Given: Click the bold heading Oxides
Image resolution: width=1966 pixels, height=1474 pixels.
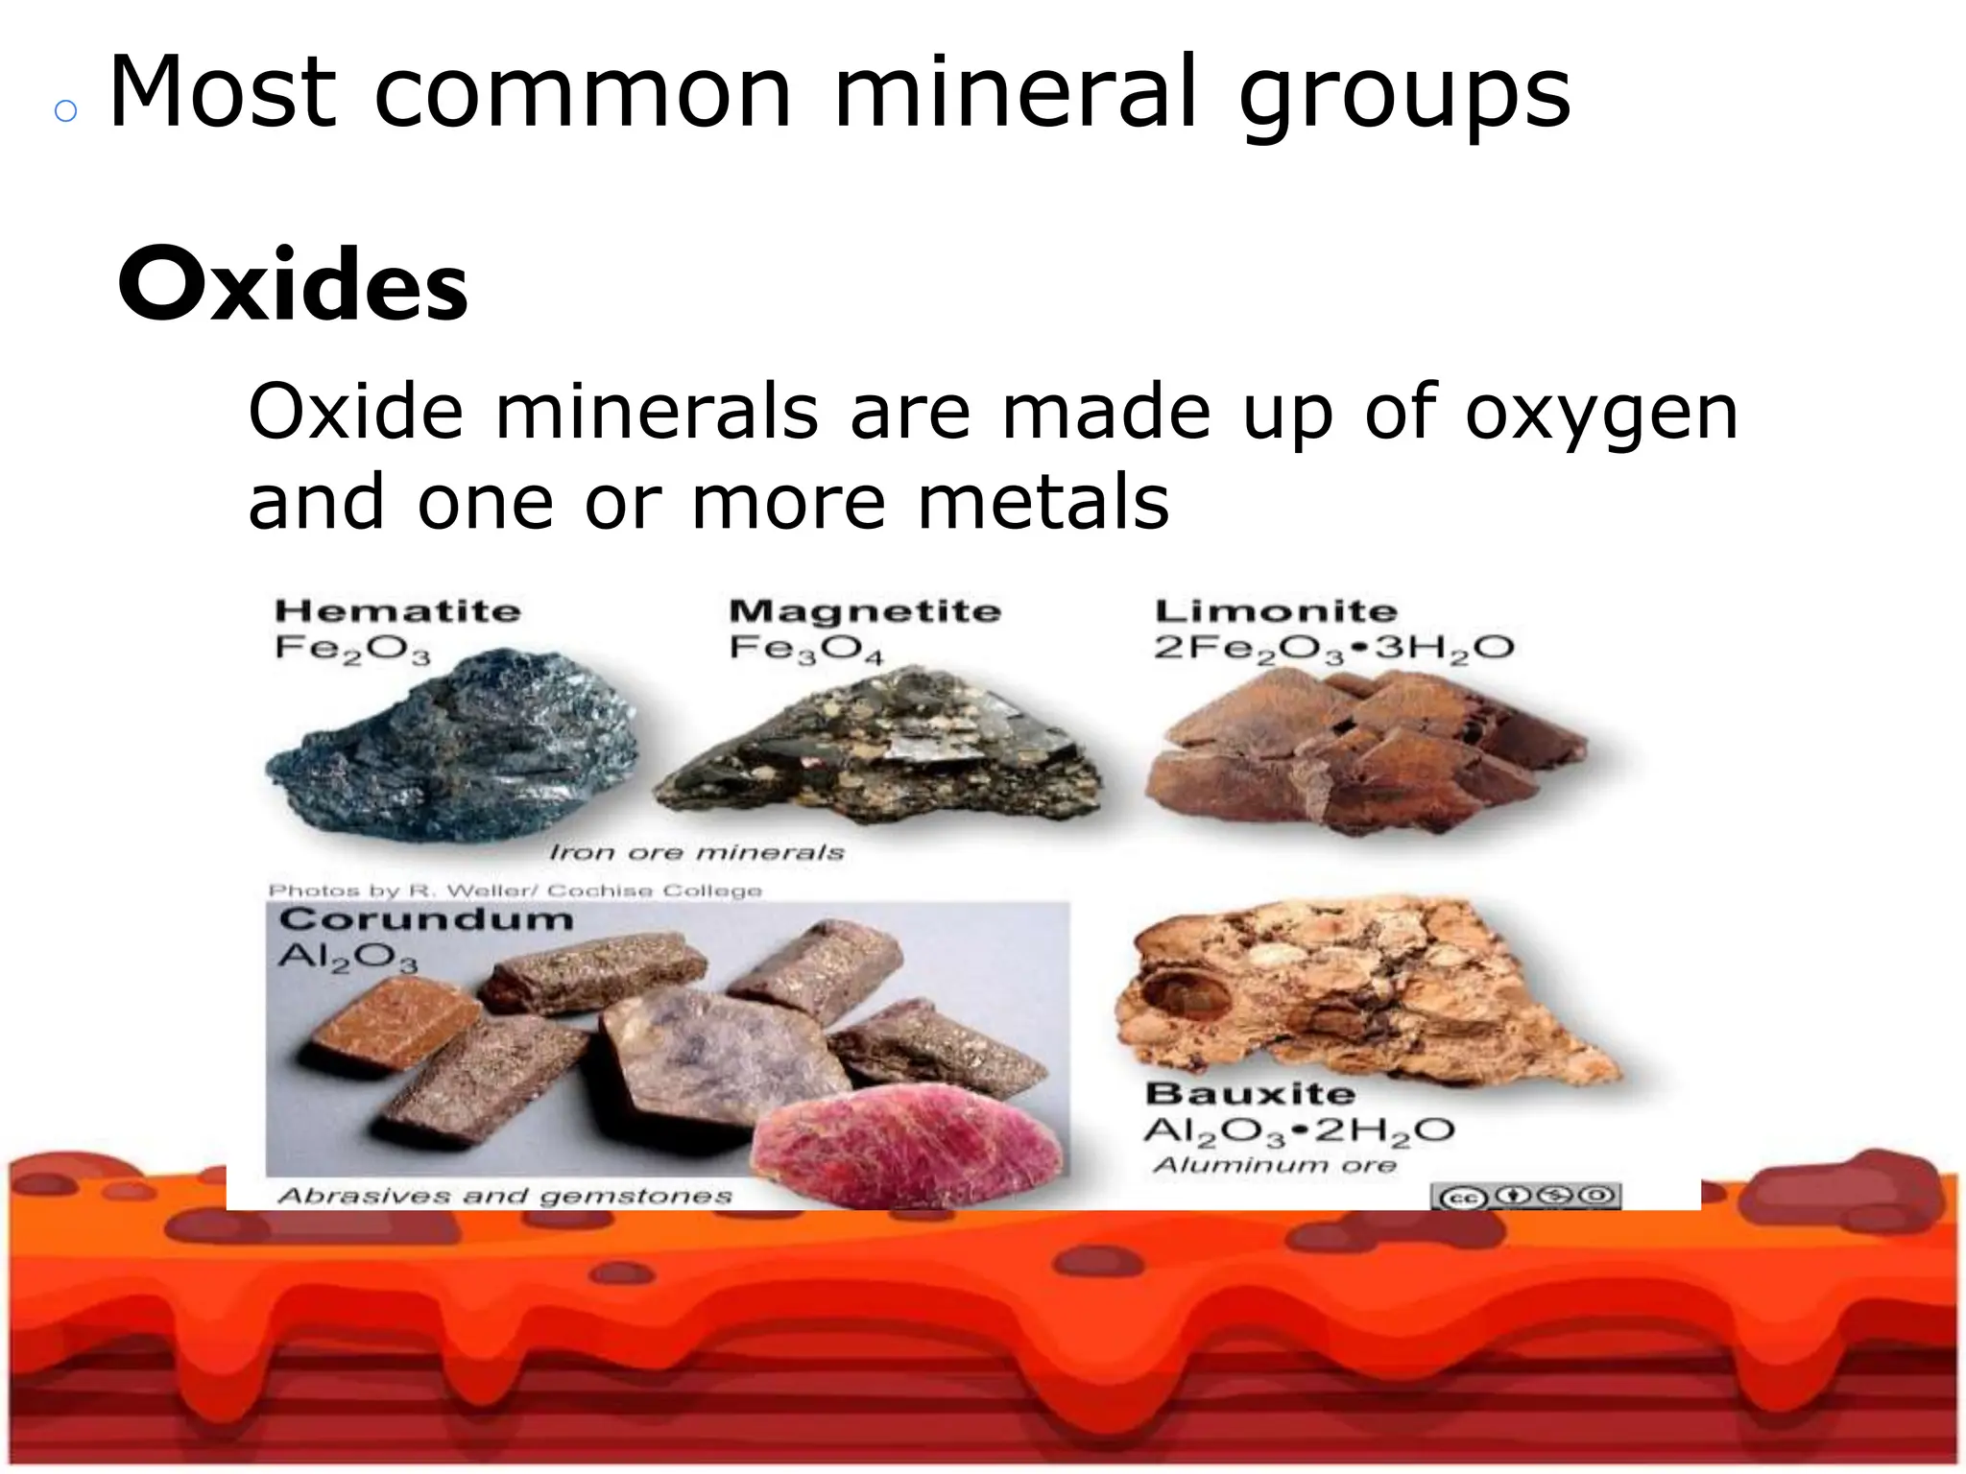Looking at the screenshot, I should coord(293,286).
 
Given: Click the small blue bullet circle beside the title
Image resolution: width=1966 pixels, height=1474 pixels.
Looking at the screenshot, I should coord(65,111).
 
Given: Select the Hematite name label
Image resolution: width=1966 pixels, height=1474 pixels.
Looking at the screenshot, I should coord(397,611).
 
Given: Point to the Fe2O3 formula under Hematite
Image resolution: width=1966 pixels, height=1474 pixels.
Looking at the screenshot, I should coord(352,650).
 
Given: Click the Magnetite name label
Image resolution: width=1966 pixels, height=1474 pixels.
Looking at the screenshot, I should coord(864,611).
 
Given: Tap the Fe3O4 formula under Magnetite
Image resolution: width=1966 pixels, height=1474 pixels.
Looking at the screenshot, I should coord(805,650).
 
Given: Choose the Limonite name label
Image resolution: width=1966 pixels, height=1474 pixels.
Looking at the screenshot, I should coord(1276,611).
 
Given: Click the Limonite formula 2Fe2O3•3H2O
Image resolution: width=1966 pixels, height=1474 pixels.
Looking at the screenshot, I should coord(1333,650).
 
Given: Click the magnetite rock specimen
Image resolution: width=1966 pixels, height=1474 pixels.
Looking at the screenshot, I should coord(878,749).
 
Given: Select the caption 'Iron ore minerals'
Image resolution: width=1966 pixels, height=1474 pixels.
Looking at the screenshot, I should coord(696,852).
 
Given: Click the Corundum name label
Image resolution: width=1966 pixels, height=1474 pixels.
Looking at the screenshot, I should coord(426,919).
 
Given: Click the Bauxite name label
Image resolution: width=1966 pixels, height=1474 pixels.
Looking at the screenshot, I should coord(1250,1094).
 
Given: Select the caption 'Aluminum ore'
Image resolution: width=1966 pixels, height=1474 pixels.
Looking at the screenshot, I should coord(1275,1165).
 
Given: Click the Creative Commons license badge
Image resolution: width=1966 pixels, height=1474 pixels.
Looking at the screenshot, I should coord(1525,1196).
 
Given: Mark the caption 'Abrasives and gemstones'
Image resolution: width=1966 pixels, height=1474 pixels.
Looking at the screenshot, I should coord(505,1196).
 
